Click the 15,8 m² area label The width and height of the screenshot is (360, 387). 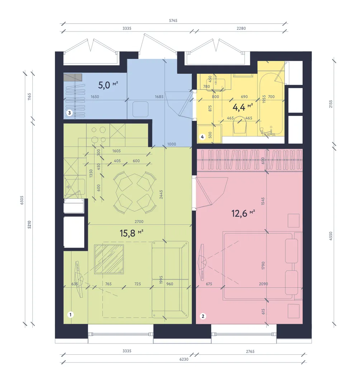131,233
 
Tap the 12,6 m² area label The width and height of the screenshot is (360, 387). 243,213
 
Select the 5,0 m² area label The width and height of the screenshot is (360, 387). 108,85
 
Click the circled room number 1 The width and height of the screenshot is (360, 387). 71,315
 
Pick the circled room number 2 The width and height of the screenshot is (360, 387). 203,316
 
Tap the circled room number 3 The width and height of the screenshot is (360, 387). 70,113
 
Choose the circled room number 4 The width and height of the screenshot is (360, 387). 203,137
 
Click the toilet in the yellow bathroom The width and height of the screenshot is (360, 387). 240,126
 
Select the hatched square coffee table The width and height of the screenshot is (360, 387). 109,259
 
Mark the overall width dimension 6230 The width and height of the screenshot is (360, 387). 184,359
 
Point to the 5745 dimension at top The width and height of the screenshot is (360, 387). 173,20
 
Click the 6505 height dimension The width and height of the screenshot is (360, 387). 22,200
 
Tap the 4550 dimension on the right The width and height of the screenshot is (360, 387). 331,236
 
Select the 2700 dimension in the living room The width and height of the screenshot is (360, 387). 139,222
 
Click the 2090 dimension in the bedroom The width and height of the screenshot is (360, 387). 264,284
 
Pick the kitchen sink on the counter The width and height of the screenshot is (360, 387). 75,187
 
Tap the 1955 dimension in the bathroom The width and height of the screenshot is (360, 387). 264,99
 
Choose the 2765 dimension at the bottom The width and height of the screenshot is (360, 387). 250,351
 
